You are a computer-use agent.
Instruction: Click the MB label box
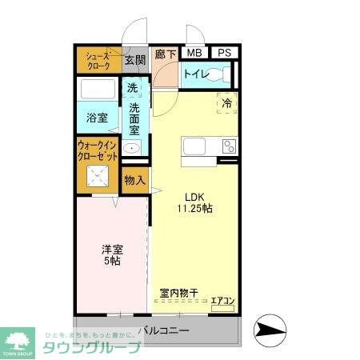(x=193, y=53)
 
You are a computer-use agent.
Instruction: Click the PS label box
(x=226, y=53)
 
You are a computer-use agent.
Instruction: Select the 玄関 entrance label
(x=135, y=60)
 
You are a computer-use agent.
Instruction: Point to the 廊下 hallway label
(x=166, y=55)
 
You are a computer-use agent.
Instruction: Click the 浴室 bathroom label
(x=97, y=117)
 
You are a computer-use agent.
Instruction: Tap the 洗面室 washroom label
(x=134, y=118)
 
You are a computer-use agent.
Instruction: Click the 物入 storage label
(x=134, y=180)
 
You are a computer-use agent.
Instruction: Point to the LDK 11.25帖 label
(x=194, y=202)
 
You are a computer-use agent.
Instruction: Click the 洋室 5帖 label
(x=111, y=254)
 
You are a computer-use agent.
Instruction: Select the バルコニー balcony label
(x=162, y=330)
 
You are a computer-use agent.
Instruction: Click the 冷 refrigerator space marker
(x=226, y=102)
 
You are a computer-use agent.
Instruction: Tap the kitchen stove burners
(x=229, y=146)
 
